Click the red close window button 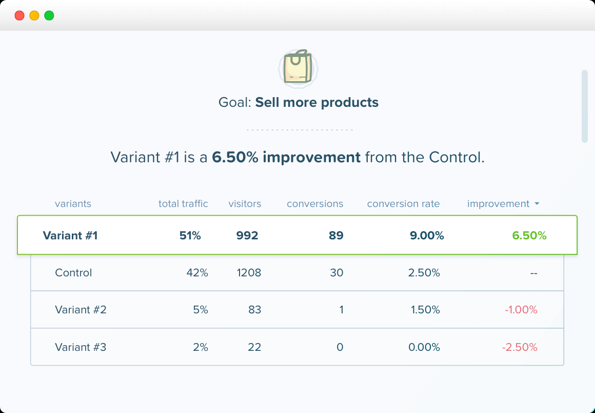coord(19,15)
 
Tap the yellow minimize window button coord(34,15)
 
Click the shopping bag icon coord(298,67)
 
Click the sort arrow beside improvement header coord(537,204)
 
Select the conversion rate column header coord(403,204)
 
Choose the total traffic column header coord(183,204)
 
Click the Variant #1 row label coord(70,236)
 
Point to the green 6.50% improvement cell coord(529,236)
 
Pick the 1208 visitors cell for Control coord(249,273)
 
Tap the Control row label coord(73,273)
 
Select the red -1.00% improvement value coord(521,310)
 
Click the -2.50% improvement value coord(520,347)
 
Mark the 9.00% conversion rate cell coord(427,236)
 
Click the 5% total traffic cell coord(201,310)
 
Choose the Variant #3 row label coord(81,347)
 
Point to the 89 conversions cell coord(336,236)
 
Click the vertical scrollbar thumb coord(584,106)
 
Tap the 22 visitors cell coord(254,347)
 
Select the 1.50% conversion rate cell coord(425,310)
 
